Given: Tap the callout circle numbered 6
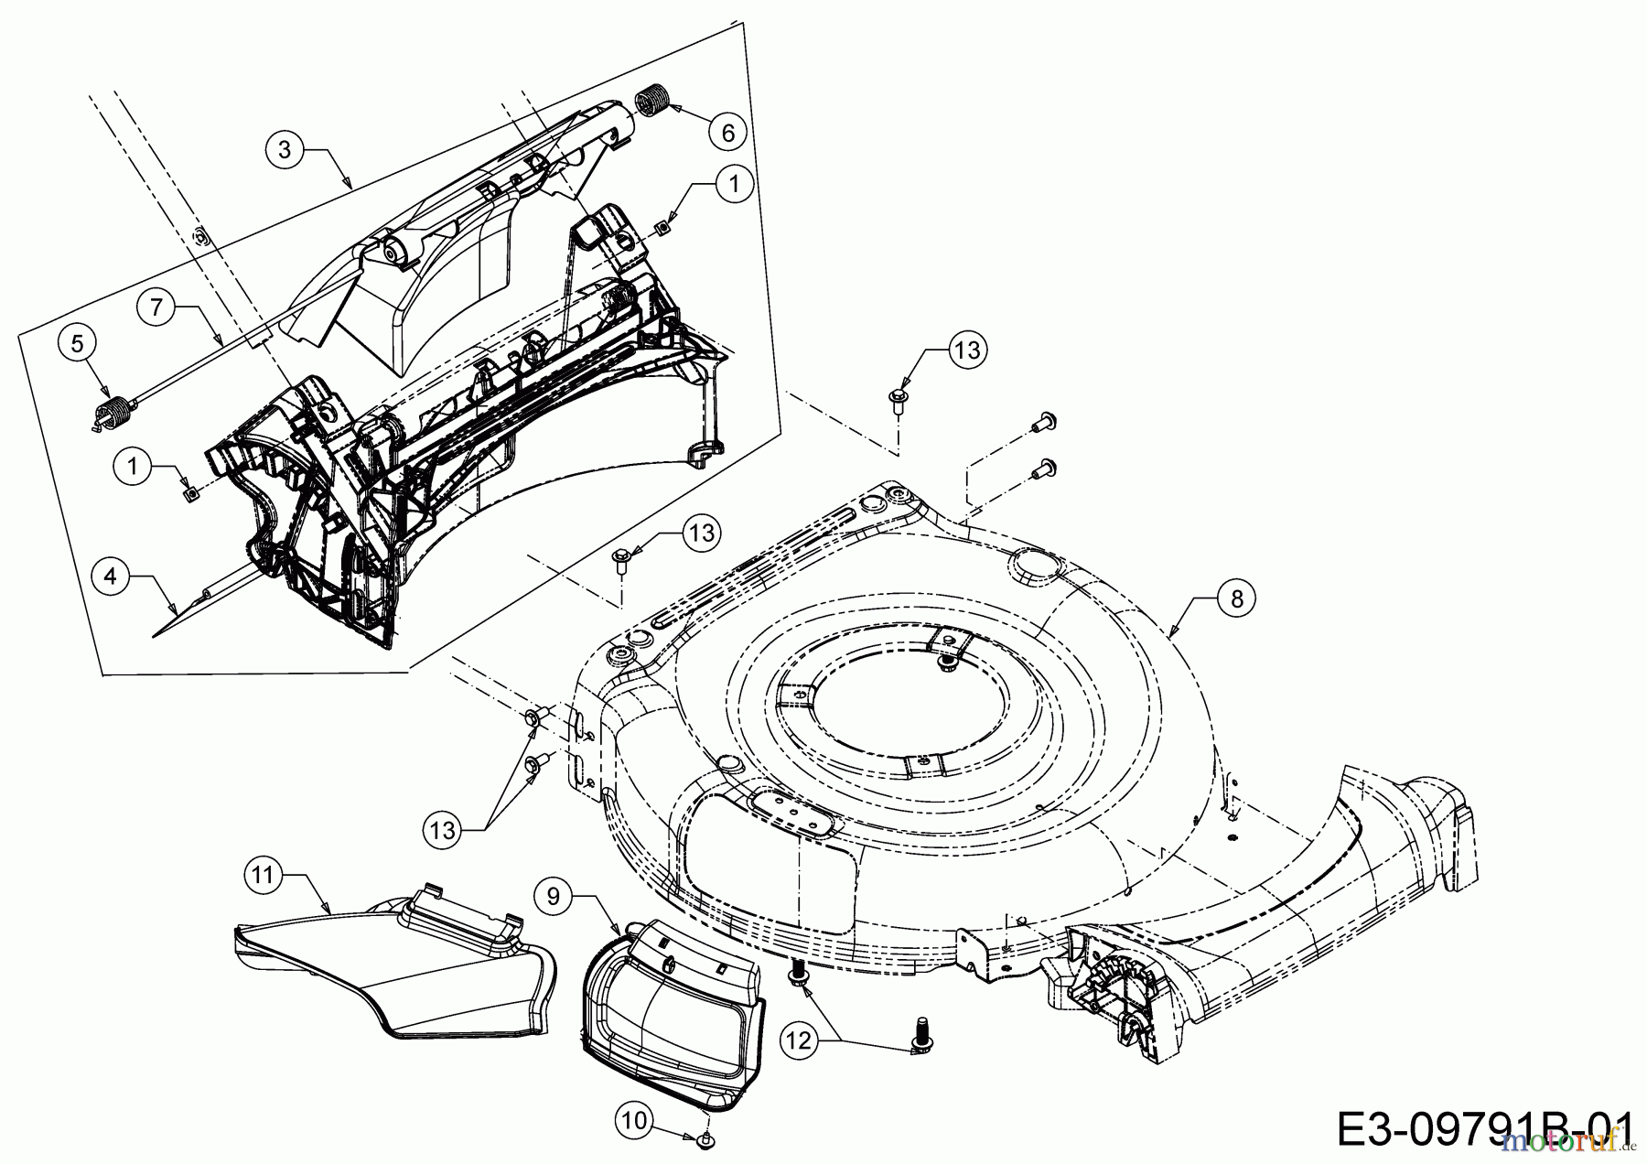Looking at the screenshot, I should coord(727,133).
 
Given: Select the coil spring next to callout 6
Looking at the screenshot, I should coord(651,97).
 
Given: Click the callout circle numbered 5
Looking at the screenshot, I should coord(77,344).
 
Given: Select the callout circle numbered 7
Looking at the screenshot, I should coord(156,307).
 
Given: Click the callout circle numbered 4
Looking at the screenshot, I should coord(111,577).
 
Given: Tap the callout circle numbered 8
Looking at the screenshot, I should coord(1237,599).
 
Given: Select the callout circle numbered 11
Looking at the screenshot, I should coord(263,876).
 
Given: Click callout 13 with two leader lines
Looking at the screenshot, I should coord(443,830).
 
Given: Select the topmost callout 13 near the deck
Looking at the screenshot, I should coord(967,350).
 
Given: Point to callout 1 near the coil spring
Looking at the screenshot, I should coord(733,183).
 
